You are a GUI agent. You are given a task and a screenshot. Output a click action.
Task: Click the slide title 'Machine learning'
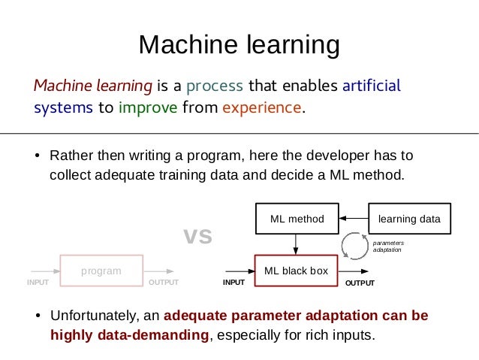click(239, 45)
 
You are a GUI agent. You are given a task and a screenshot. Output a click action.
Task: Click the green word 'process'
click(214, 84)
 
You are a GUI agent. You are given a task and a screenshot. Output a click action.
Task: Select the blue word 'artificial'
click(371, 84)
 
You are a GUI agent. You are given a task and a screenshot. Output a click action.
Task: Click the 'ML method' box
click(297, 219)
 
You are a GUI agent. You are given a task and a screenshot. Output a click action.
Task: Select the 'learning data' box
click(409, 219)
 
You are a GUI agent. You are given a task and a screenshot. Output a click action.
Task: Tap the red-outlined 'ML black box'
click(297, 271)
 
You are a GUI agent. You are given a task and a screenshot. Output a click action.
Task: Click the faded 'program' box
click(101, 271)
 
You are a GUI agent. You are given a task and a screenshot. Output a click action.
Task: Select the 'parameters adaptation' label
click(388, 246)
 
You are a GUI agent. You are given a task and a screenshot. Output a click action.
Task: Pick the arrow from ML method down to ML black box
click(297, 244)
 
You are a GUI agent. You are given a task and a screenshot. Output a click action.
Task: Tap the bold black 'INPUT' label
click(233, 283)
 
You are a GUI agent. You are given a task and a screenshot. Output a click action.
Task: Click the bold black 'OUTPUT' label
click(359, 283)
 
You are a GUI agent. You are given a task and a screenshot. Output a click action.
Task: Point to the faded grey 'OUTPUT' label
click(164, 283)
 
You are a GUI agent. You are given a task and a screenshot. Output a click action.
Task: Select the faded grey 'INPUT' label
click(38, 283)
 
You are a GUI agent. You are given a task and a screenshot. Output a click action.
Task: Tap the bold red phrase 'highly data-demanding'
click(129, 334)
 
